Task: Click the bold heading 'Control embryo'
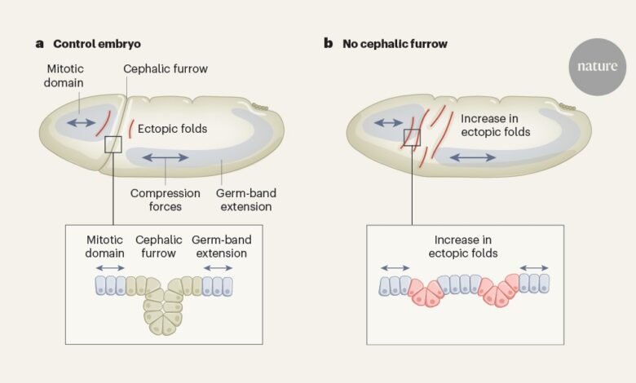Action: coord(93,43)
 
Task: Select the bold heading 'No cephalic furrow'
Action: coord(395,43)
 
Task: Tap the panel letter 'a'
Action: coord(39,43)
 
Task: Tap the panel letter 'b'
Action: coord(328,43)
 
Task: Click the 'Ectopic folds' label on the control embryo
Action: coord(172,128)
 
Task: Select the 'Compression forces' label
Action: coord(166,200)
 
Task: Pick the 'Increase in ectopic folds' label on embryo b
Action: coord(496,125)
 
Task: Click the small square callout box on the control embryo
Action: coord(113,144)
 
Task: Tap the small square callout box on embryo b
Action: coord(412,137)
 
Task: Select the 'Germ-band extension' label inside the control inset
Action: coord(219,247)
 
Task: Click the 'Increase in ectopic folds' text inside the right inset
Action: coord(462,247)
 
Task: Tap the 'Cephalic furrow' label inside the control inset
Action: coord(158,247)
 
